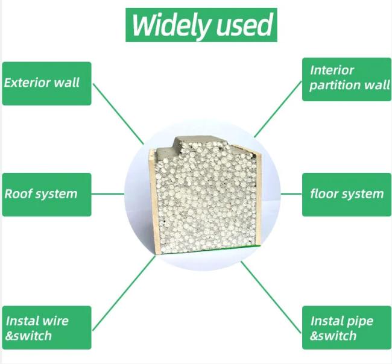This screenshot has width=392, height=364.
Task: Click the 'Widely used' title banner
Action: [201, 25]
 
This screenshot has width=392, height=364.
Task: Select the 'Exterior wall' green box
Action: [47, 83]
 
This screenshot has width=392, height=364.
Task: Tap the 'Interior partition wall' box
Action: [347, 80]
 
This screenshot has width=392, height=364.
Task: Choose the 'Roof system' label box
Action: [47, 195]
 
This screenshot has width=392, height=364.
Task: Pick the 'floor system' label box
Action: [347, 195]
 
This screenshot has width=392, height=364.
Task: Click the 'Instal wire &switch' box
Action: [47, 327]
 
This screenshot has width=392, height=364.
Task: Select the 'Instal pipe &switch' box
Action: [347, 327]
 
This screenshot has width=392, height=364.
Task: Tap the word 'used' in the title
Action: [244, 25]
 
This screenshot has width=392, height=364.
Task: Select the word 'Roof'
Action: [16, 194]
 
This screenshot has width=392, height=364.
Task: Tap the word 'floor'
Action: [323, 193]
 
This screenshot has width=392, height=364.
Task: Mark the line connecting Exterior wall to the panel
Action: [118, 114]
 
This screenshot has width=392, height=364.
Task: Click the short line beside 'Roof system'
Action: [108, 193]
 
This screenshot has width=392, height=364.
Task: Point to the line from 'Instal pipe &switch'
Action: [271, 297]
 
